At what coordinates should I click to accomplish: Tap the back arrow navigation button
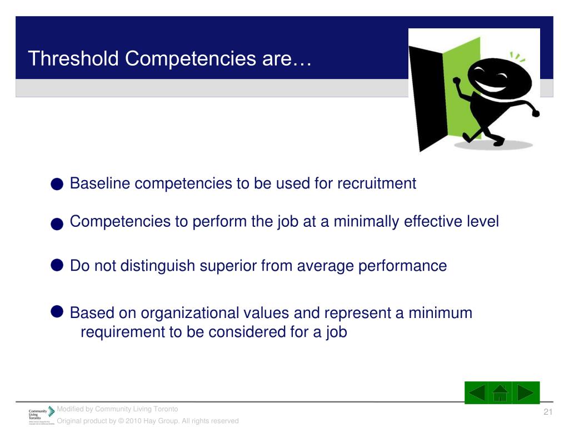[477, 393]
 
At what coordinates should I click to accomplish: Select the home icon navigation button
[500, 393]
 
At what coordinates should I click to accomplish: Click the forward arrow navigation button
[525, 393]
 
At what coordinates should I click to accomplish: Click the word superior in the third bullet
[229, 266]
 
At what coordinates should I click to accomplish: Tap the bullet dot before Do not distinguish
[56, 265]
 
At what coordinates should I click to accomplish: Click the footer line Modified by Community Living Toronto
[117, 409]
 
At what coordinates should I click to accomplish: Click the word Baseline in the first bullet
[100, 183]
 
